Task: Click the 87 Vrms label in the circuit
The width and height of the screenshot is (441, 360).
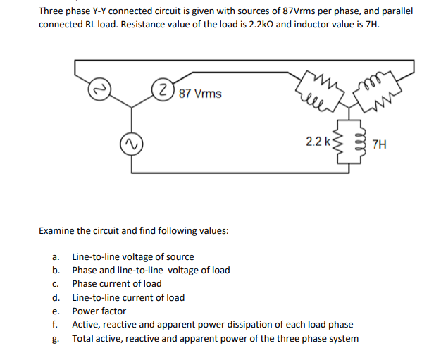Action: pyautogui.click(x=200, y=94)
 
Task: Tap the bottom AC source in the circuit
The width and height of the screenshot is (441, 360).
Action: pyautogui.click(x=128, y=145)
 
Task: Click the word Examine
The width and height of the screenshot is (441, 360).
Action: pyautogui.click(x=56, y=230)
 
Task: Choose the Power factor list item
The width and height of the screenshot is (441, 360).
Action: pyautogui.click(x=99, y=311)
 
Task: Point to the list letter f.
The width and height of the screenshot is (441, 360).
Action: pyautogui.click(x=54, y=324)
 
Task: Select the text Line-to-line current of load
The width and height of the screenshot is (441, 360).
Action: pyautogui.click(x=128, y=297)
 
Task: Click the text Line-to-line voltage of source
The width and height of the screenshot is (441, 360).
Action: pyautogui.click(x=133, y=256)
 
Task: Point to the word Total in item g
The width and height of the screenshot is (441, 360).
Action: pyautogui.click(x=84, y=338)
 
